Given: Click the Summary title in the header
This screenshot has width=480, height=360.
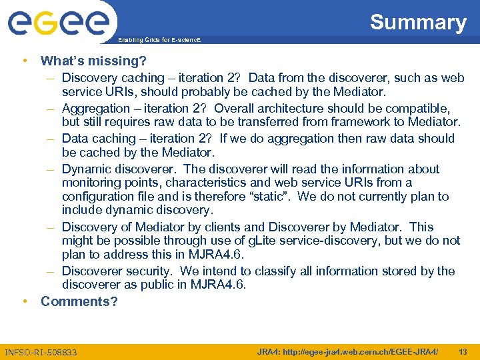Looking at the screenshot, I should click(x=418, y=22).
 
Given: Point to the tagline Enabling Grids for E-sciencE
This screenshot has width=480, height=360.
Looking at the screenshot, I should click(x=159, y=40).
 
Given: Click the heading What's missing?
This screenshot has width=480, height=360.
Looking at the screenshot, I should click(x=93, y=61).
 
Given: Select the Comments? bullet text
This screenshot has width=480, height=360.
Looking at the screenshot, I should click(x=79, y=301).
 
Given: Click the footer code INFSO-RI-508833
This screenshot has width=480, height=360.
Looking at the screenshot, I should click(x=41, y=352).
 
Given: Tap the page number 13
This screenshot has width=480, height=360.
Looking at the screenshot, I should click(x=463, y=351).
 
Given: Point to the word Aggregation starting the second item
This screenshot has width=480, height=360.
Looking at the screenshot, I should click(x=96, y=108).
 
